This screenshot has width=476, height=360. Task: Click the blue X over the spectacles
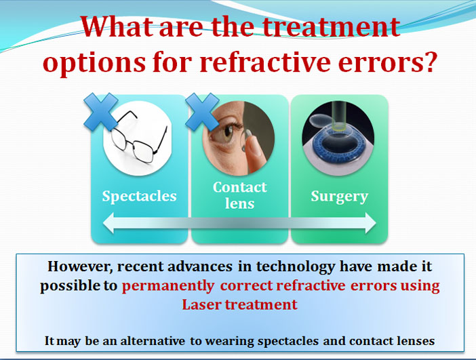(x=101, y=112)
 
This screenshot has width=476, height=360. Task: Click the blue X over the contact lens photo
(x=202, y=112)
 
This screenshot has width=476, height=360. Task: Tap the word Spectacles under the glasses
(x=139, y=197)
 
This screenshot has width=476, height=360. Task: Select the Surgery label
(x=340, y=197)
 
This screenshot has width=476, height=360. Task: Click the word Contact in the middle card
(x=240, y=187)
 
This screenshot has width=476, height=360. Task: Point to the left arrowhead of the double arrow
(x=108, y=223)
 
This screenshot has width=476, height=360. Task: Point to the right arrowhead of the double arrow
(x=370, y=223)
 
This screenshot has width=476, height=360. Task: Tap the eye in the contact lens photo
(x=227, y=133)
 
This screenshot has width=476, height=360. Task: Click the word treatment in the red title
(x=331, y=26)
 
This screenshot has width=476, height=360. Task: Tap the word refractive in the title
(x=264, y=62)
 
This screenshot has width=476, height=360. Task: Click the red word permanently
(x=168, y=286)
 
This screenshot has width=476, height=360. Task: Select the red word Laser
(x=201, y=304)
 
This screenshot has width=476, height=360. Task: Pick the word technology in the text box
(x=296, y=267)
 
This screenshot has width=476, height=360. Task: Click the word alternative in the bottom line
(x=153, y=341)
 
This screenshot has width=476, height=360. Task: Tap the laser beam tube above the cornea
(x=338, y=115)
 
